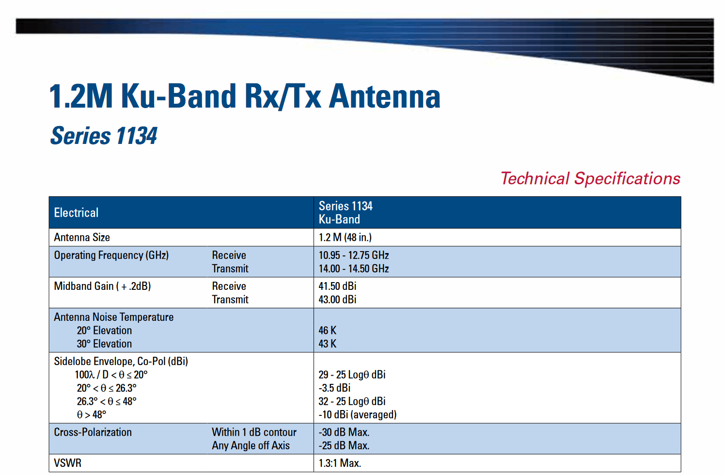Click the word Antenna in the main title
[385, 96]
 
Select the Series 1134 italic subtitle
[104, 135]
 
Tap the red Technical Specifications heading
[590, 178]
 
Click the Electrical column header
[76, 213]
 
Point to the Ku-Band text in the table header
[339, 219]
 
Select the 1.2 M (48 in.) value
[345, 237]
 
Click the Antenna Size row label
[82, 237]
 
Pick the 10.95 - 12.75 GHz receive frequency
[354, 255]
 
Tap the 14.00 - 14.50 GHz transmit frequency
[354, 269]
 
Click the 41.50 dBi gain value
[337, 286]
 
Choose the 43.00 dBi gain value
[337, 300]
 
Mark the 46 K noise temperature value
[328, 330]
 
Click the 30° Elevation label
[104, 344]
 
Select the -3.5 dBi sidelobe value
[335, 388]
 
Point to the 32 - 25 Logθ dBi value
[352, 401]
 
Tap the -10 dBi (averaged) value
[358, 415]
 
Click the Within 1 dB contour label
[254, 432]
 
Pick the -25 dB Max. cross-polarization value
[344, 445]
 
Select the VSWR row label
[68, 463]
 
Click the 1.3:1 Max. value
[340, 463]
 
